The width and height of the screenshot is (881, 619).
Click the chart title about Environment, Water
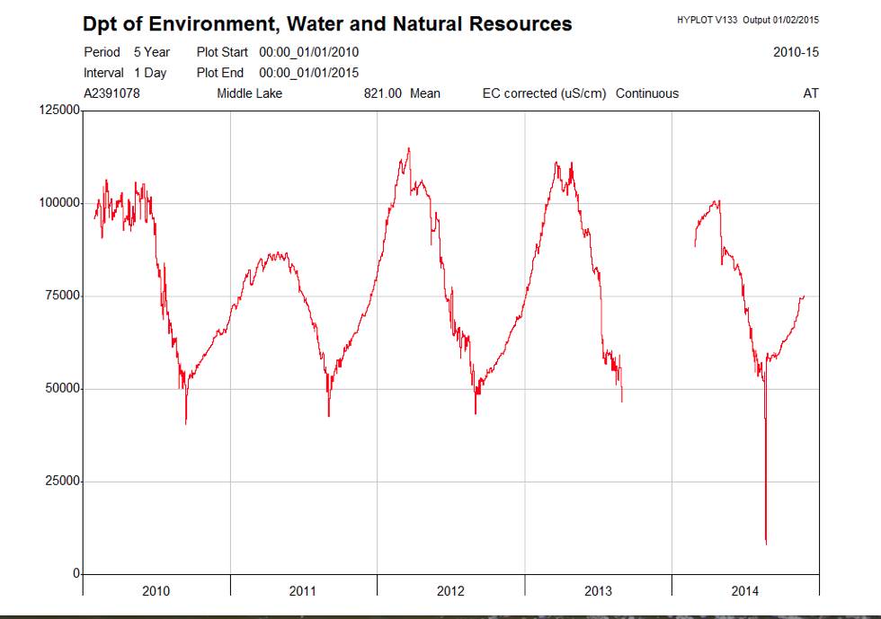327,24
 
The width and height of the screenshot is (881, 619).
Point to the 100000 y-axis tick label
59,203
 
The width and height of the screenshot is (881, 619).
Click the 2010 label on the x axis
156,590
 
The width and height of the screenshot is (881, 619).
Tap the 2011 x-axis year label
303,590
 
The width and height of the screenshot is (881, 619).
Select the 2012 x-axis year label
450,590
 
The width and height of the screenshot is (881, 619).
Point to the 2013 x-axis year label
598,590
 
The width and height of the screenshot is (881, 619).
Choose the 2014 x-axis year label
745,590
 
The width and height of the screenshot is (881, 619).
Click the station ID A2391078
111,93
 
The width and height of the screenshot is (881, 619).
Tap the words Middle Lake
249,93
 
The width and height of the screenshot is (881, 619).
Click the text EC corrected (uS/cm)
545,93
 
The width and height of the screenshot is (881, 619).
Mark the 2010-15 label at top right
796,52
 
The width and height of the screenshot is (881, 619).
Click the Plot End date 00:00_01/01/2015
308,73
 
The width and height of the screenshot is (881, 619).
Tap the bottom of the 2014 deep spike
766,544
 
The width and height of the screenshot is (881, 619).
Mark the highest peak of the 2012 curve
409,148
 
